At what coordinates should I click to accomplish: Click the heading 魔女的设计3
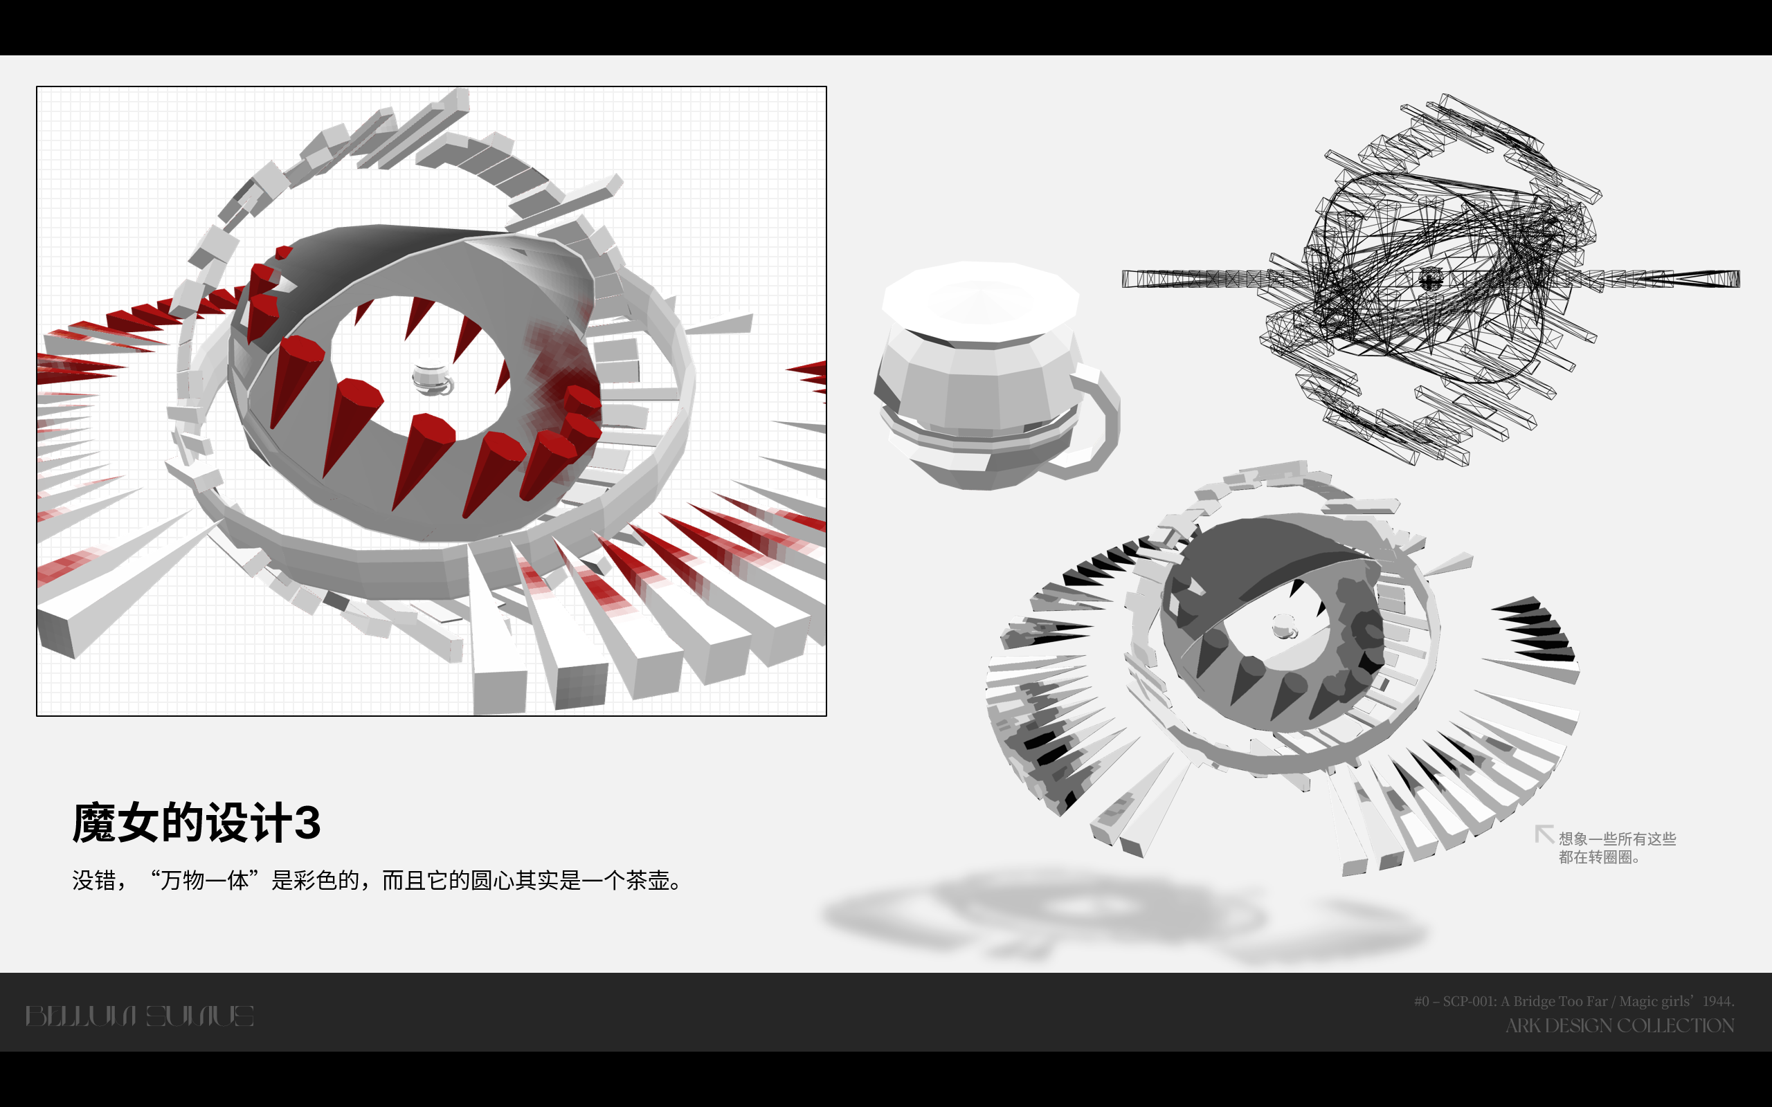(x=197, y=822)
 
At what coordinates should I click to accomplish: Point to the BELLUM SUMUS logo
(x=140, y=1016)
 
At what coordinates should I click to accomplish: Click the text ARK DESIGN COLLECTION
(x=1619, y=1026)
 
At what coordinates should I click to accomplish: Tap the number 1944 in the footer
(x=1717, y=1001)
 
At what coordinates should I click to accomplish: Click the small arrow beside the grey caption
(x=1544, y=833)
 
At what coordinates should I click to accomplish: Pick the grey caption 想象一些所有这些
(x=1617, y=839)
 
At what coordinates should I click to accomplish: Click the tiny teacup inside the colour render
(x=432, y=379)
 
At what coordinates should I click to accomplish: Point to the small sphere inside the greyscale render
(x=1283, y=627)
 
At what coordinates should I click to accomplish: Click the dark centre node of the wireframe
(x=1429, y=278)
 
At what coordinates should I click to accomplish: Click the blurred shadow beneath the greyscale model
(x=1121, y=915)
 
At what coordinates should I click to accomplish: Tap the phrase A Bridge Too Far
(x=1554, y=1001)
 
